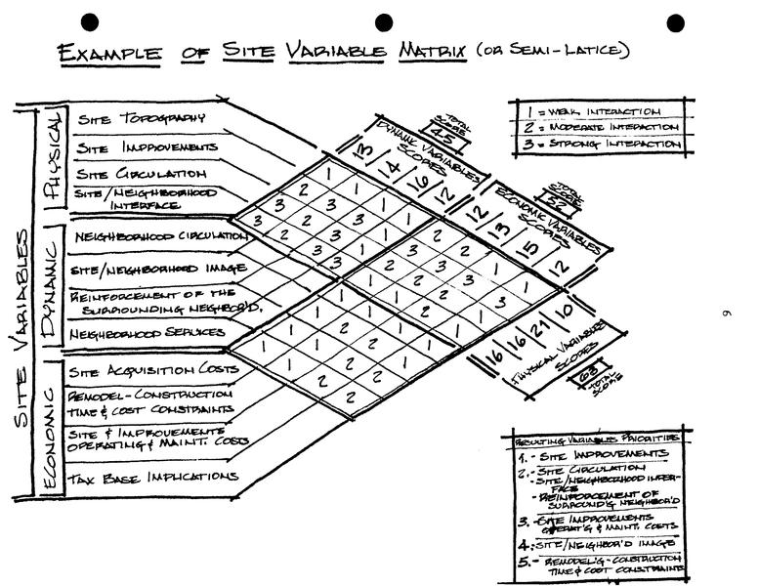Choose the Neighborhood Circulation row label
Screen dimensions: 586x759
pyautogui.click(x=158, y=236)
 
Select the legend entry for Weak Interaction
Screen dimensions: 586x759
pyautogui.click(x=596, y=111)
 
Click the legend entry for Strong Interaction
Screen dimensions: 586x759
pyautogui.click(x=596, y=144)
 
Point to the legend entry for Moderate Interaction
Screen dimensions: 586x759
pyautogui.click(x=596, y=127)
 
